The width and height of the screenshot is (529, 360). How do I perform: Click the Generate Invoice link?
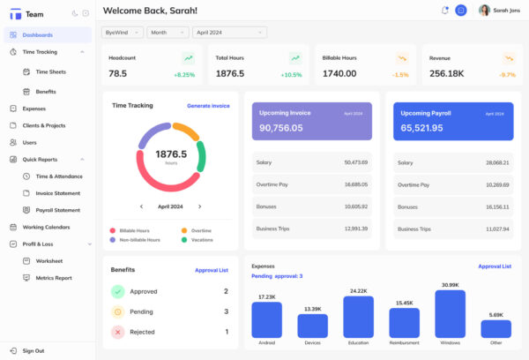click(x=208, y=106)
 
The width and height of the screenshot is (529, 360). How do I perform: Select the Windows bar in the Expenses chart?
click(x=450, y=315)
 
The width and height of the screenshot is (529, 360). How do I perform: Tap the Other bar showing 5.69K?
click(x=496, y=328)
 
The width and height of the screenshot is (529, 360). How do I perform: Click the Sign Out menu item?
click(x=33, y=350)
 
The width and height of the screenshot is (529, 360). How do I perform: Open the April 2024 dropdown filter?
click(x=230, y=32)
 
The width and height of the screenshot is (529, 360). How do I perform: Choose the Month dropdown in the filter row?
click(x=168, y=32)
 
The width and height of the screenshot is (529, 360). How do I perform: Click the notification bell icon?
click(x=444, y=11)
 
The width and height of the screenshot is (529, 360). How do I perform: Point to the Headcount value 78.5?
click(x=118, y=74)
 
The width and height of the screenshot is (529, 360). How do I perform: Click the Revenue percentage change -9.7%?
click(x=507, y=75)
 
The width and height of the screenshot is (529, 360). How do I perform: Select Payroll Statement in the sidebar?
click(x=57, y=210)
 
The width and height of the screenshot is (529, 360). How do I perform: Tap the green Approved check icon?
click(x=117, y=291)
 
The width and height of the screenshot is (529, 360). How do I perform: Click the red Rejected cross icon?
click(x=117, y=332)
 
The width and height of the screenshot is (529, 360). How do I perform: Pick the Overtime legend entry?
click(x=201, y=230)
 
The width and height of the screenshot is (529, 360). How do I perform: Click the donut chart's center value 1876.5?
click(x=171, y=154)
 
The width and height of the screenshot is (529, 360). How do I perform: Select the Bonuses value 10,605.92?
click(x=355, y=206)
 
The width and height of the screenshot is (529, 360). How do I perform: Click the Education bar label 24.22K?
click(x=358, y=290)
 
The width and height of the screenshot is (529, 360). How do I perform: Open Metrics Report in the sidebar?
click(x=54, y=278)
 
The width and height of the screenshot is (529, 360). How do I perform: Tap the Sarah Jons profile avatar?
click(x=484, y=11)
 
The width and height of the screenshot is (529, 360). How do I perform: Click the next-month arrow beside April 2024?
click(x=200, y=206)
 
